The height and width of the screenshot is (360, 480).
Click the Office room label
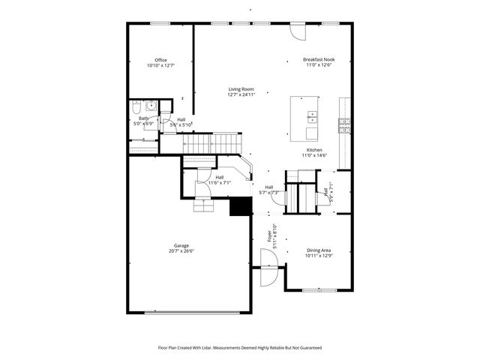coord(160,60)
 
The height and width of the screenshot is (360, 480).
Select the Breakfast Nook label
coord(319,59)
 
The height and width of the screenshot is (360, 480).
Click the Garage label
coord(181,245)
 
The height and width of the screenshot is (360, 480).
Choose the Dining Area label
coord(319,250)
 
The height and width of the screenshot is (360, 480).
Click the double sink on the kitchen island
coord(310,117)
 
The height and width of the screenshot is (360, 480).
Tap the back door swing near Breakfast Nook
coord(298,32)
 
